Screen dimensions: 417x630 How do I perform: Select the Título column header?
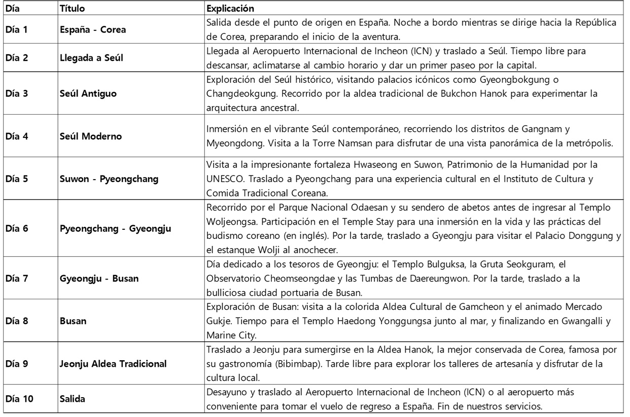pos(69,9)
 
